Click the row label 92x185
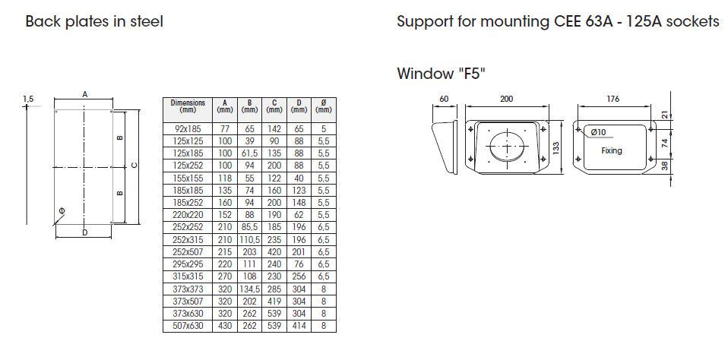(x=188, y=129)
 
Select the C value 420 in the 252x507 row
(x=274, y=252)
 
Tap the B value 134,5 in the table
(x=250, y=289)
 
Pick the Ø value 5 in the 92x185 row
(x=324, y=129)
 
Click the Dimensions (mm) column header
(x=188, y=106)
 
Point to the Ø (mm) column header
(x=324, y=106)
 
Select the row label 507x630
(x=188, y=326)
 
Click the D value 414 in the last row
(x=299, y=326)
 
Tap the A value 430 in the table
(x=225, y=326)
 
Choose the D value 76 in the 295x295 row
(x=299, y=264)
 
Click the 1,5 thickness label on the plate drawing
(x=28, y=99)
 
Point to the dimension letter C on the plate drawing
(x=135, y=166)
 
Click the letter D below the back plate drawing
(x=84, y=232)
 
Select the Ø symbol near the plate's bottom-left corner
(x=62, y=211)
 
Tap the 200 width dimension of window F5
(x=507, y=99)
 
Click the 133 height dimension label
(x=556, y=147)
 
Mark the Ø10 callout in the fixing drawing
(x=598, y=132)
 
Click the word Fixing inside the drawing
(x=612, y=150)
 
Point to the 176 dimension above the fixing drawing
(x=612, y=99)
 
